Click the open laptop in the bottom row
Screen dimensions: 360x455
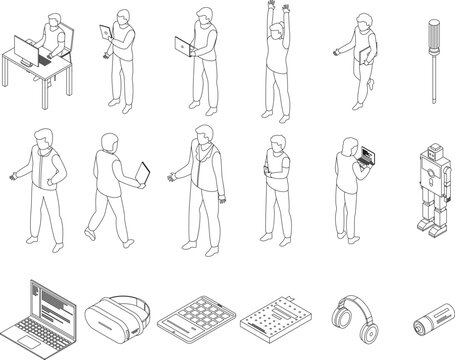[x=39, y=311]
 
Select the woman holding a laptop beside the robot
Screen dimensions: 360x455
[x=349, y=190]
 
